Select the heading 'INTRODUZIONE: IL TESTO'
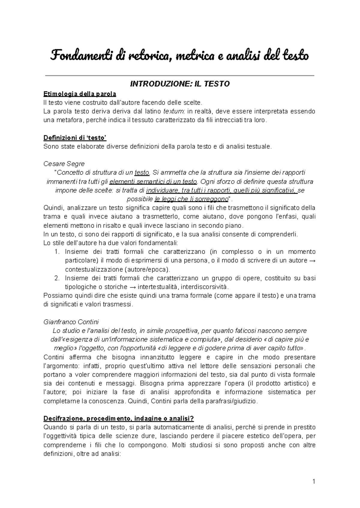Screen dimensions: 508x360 coord(180,84)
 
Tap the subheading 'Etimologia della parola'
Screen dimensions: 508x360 coord(80,94)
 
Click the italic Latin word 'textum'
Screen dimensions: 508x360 coord(174,112)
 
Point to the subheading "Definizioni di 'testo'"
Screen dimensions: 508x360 coord(75,138)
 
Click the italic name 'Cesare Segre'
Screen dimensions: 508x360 coord(64,164)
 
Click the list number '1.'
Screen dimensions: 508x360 coord(58,252)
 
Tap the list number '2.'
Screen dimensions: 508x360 coord(58,278)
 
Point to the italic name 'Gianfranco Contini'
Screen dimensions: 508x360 coord(71,322)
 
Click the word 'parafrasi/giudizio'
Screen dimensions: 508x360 coord(233,401)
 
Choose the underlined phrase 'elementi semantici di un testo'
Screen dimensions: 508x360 coord(153,181)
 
